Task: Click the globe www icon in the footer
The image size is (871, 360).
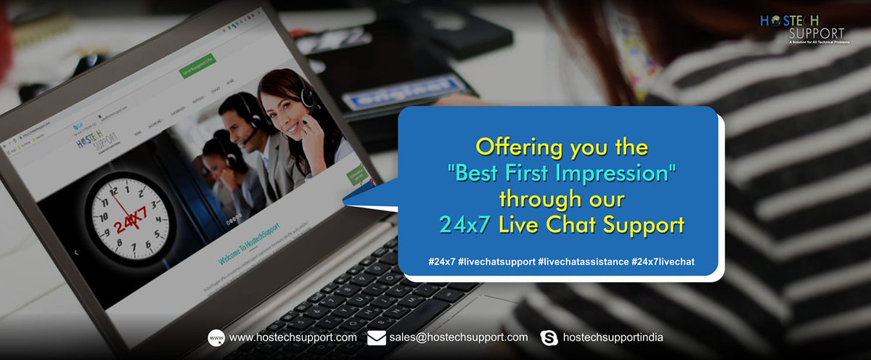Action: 216,337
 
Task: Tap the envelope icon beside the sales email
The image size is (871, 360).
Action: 376,337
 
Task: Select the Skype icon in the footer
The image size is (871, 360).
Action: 549,337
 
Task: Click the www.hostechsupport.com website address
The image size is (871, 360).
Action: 293,337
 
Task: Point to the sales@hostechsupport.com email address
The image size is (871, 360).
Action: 458,337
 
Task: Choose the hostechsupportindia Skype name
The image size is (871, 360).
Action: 613,337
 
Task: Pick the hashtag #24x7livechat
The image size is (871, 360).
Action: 663,261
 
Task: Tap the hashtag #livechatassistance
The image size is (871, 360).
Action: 584,261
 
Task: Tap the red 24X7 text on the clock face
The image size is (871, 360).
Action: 130,216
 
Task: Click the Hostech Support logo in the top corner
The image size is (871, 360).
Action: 802,29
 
